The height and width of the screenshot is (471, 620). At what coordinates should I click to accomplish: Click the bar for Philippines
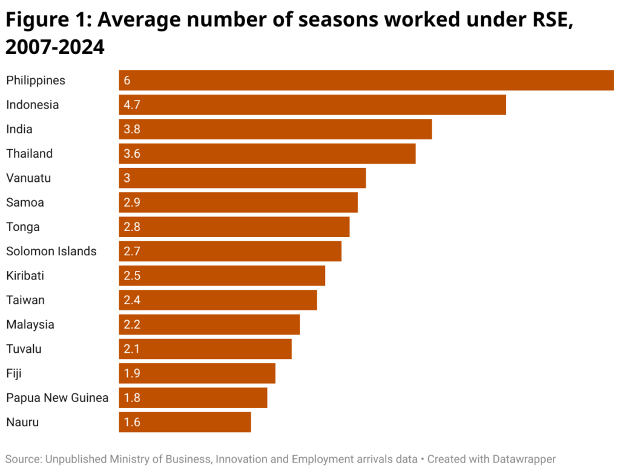tap(366, 81)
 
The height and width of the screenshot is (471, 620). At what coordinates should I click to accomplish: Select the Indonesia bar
tap(312, 105)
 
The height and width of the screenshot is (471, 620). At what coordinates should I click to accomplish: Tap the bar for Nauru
tap(185, 423)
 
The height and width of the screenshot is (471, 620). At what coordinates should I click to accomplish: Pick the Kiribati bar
tap(222, 276)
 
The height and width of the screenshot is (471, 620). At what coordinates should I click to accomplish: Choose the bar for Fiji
tap(197, 373)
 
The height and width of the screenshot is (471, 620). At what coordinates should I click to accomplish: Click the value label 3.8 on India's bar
tap(132, 129)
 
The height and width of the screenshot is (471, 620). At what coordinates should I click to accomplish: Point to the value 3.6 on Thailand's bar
tap(132, 154)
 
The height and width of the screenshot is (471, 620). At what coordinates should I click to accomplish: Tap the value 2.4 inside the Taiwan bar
tap(132, 300)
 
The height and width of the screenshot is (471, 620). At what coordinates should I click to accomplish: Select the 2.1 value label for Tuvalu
tap(132, 349)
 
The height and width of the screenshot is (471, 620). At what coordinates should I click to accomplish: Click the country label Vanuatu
tap(28, 178)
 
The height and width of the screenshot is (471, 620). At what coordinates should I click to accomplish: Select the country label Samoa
tap(25, 202)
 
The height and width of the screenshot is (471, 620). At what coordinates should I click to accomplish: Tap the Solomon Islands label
tap(51, 251)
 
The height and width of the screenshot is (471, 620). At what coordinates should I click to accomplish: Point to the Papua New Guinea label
tap(58, 398)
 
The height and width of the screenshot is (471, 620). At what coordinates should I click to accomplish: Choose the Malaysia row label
tap(30, 324)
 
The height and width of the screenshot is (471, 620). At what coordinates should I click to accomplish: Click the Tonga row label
tap(23, 227)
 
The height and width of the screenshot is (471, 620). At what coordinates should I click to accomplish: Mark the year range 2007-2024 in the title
tap(55, 47)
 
